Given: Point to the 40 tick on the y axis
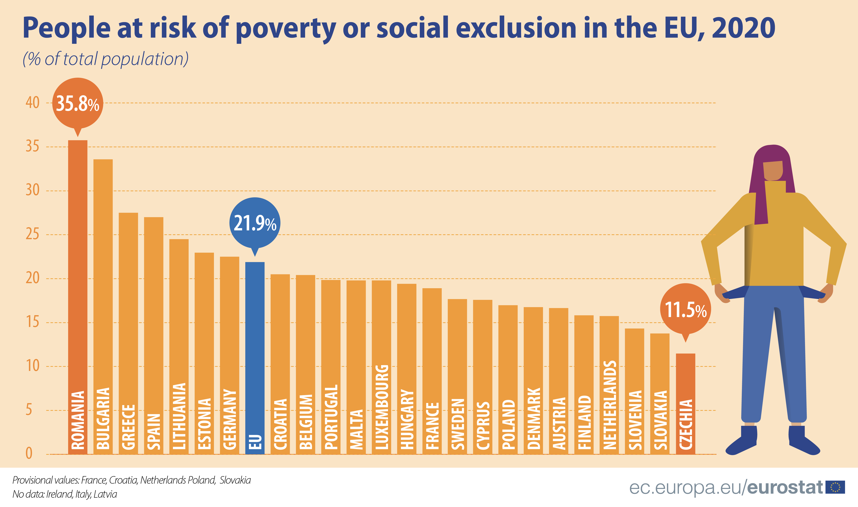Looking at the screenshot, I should point(32,103).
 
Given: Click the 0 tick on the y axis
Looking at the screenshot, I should point(29,454).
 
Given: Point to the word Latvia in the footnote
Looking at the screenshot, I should point(105,494).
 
